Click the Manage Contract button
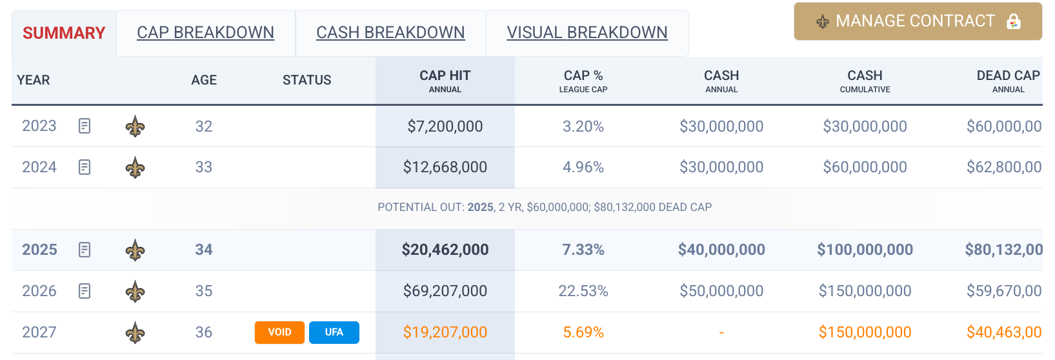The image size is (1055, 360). tap(916, 21)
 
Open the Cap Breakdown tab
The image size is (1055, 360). tap(205, 32)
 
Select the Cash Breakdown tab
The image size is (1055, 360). tap(390, 32)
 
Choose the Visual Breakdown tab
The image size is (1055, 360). tap(587, 32)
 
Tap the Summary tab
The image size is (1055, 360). tap(64, 33)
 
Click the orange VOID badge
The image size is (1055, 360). tap(279, 332)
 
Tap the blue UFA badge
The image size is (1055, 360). tap(334, 332)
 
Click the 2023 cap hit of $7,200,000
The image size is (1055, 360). tap(445, 126)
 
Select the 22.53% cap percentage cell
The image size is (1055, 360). tap(583, 291)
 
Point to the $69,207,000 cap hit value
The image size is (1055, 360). tap(445, 291)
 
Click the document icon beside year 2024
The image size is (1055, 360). tap(85, 167)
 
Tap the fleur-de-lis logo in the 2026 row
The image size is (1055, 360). tap(135, 292)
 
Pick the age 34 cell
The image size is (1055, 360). tap(204, 250)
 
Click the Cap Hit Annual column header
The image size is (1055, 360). tap(445, 81)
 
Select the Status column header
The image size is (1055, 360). tap(306, 80)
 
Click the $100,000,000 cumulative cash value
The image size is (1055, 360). tap(865, 250)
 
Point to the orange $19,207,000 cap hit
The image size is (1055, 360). tap(445, 332)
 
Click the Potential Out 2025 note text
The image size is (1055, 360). tap(545, 207)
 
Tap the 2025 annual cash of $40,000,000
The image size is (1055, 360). tap(721, 250)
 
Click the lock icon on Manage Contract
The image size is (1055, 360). tap(1014, 21)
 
